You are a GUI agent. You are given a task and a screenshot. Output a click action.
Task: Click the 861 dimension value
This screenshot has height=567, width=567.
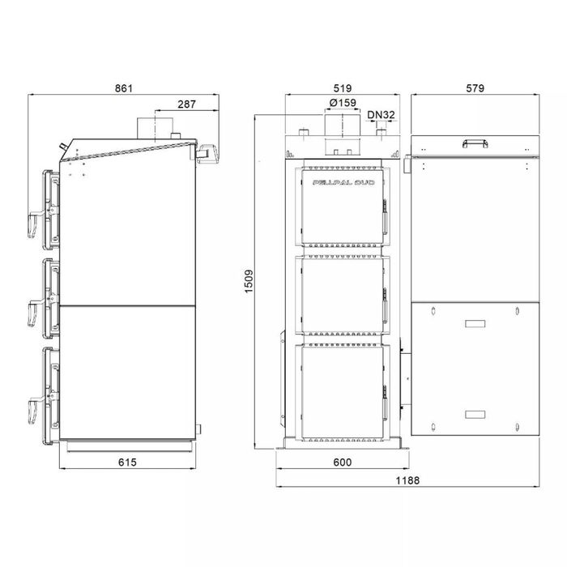pyautogui.click(x=124, y=88)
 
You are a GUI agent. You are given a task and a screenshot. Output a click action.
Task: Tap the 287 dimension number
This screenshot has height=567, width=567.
pyautogui.click(x=187, y=104)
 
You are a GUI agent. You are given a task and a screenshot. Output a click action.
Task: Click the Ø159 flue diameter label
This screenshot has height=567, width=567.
pyautogui.click(x=343, y=103)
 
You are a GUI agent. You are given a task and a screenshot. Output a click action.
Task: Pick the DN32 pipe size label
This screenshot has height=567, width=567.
pyautogui.click(x=380, y=115)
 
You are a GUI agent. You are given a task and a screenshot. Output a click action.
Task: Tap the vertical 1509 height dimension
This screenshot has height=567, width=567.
pyautogui.click(x=249, y=281)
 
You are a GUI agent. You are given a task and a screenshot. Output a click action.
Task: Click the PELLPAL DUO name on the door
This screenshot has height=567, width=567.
pyautogui.click(x=339, y=184)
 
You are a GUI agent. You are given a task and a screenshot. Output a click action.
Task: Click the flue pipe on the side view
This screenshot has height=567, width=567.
pyautogui.click(x=150, y=128)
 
